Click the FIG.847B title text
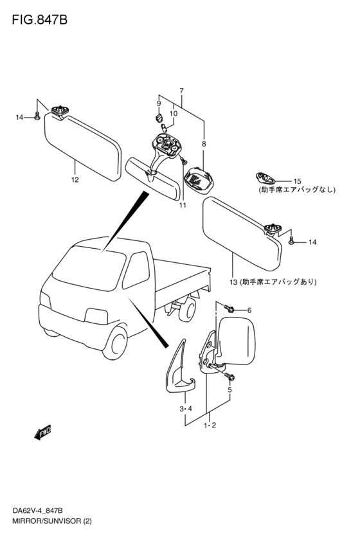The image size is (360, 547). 39,20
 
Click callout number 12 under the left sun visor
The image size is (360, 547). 75,180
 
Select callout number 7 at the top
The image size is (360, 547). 181,91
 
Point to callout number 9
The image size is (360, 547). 159,103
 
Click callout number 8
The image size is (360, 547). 204,144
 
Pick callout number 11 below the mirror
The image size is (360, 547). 183,205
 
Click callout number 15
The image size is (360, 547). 297,181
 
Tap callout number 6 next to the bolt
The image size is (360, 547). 249,310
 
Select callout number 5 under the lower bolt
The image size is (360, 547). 230,390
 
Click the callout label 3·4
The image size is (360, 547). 186,409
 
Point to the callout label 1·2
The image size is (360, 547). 210,426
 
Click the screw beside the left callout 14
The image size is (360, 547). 37,116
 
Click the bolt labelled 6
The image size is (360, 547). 229,309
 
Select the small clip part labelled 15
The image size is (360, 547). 265,178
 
